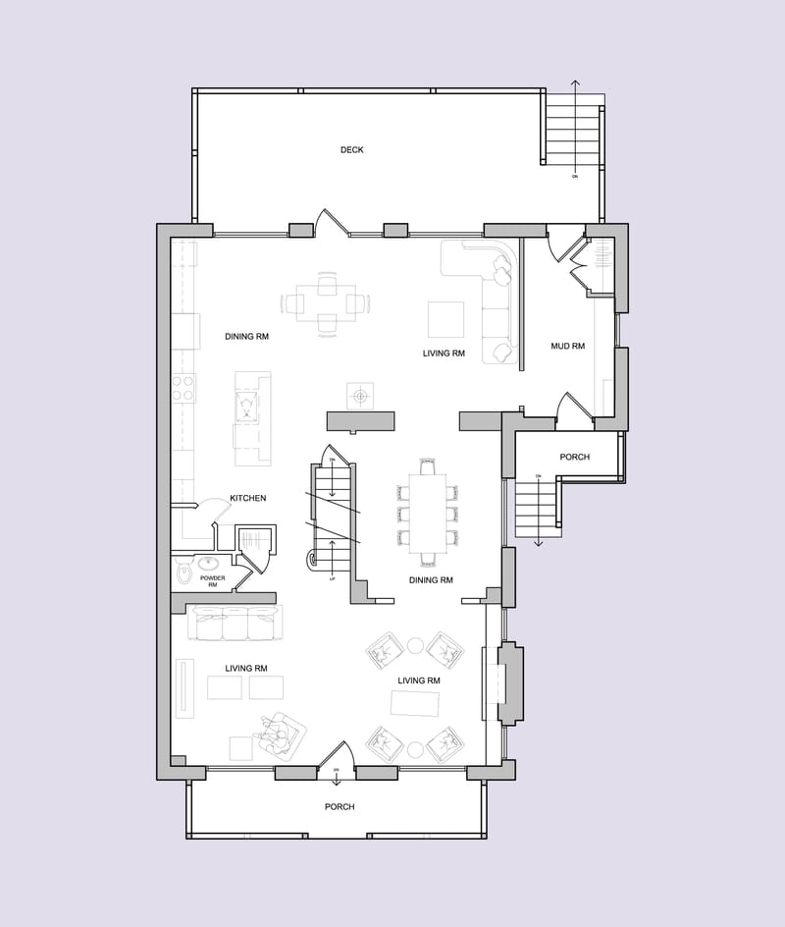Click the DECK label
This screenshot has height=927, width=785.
352,150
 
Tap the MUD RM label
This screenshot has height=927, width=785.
567,346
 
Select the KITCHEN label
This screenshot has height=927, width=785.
248,498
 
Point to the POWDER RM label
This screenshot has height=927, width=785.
213,581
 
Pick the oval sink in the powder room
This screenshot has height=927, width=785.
209,564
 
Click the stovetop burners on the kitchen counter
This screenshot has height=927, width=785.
183,388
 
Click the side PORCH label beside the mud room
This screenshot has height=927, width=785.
575,458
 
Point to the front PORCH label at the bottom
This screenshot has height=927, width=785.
340,806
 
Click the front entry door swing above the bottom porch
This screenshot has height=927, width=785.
336,755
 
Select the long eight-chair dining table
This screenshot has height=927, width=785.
428,511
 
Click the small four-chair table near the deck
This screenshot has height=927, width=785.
327,302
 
